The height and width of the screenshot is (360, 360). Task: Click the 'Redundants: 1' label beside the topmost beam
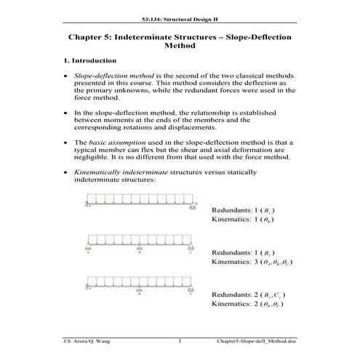234,210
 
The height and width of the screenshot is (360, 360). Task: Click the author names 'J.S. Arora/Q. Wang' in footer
87,340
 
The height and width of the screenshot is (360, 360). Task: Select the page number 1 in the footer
180,340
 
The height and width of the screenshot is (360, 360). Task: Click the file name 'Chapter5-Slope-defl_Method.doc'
257,340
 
